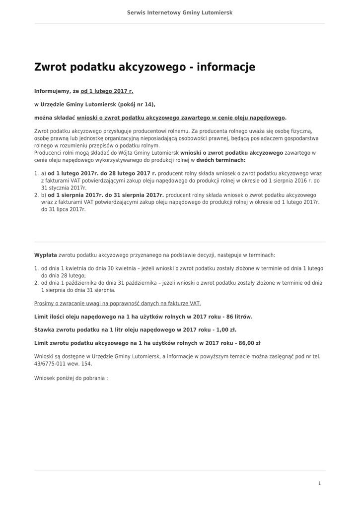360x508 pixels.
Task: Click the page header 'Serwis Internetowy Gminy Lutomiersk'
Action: point(180,12)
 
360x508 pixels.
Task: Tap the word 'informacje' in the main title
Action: point(226,67)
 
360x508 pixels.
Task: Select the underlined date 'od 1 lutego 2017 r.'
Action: point(107,91)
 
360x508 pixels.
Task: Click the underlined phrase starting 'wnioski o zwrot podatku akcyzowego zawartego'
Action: point(181,118)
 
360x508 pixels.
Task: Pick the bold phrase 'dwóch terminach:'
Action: point(221,160)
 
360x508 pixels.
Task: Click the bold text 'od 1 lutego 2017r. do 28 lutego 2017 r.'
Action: point(102,174)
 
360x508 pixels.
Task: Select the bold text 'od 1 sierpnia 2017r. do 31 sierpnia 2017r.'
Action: point(106,195)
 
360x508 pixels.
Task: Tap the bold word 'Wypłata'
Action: point(46,255)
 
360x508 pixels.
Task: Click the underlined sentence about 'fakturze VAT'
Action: point(118,304)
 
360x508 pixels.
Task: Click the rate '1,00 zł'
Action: point(226,329)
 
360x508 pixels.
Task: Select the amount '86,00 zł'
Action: point(249,343)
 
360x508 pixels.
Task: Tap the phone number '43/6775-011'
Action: point(50,364)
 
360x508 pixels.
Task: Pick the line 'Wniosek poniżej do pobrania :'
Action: point(71,378)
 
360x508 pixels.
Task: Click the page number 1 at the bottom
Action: point(319,483)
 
